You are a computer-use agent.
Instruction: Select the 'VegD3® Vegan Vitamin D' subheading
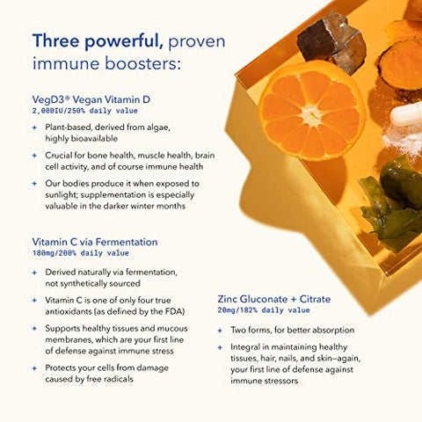tap(91, 99)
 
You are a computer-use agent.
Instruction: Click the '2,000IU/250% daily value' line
tap(84, 112)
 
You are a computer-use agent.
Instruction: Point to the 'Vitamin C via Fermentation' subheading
tap(95, 241)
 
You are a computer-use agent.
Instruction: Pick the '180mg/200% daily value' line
tap(82, 253)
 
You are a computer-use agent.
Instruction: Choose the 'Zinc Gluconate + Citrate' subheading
tap(273, 299)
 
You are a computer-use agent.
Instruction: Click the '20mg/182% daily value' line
tap(263, 310)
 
